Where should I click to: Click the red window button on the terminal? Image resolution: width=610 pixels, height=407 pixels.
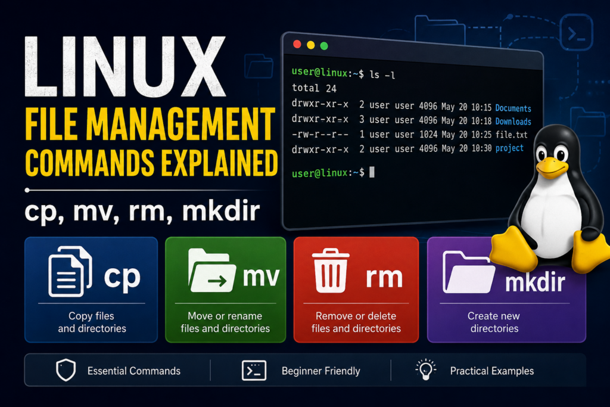pyautogui.click(x=297, y=44)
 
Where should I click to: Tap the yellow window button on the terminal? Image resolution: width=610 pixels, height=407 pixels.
pyautogui.click(x=310, y=45)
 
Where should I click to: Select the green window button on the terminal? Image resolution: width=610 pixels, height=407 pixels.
pyautogui.click(x=323, y=46)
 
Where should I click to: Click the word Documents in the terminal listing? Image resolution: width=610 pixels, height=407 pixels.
pyautogui.click(x=513, y=108)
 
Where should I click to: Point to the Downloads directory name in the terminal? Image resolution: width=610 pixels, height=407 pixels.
pyautogui.click(x=513, y=122)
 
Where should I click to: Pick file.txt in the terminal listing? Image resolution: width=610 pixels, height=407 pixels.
pyautogui.click(x=511, y=135)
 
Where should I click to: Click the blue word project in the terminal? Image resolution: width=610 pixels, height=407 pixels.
pyautogui.click(x=509, y=148)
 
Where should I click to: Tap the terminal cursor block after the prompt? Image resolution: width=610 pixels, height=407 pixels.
pyautogui.click(x=372, y=172)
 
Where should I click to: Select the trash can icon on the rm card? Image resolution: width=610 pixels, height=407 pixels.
pyautogui.click(x=330, y=271)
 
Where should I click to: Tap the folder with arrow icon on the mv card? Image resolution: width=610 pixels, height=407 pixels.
pyautogui.click(x=211, y=270)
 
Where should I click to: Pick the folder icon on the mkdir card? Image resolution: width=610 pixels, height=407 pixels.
pyautogui.click(x=468, y=272)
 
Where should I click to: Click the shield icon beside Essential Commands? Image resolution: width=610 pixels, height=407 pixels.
pyautogui.click(x=66, y=369)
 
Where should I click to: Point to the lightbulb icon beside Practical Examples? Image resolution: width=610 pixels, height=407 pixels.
pyautogui.click(x=425, y=369)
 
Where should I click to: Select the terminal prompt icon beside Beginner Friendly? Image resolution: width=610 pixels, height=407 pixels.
pyautogui.click(x=254, y=370)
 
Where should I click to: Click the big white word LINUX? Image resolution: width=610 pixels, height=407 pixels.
pyautogui.click(x=125, y=67)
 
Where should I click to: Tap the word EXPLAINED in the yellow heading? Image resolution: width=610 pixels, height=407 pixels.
pyautogui.click(x=219, y=163)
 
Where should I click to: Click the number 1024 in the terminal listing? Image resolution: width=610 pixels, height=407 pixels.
pyautogui.click(x=428, y=135)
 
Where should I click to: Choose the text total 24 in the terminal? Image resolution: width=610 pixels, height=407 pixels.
pyautogui.click(x=315, y=88)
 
